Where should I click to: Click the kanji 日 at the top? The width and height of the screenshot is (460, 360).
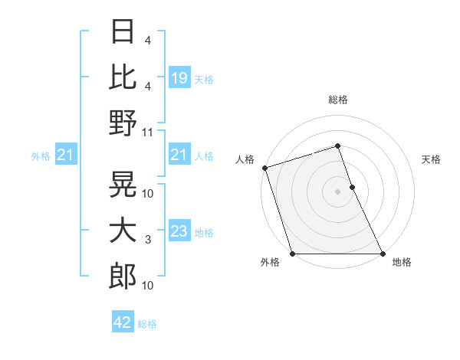(123, 31)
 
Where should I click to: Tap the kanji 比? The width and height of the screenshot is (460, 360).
(123, 77)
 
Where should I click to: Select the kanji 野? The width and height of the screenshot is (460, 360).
(123, 123)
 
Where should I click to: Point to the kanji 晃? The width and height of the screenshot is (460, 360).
(123, 185)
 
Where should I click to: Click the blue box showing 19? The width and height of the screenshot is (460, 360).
(179, 77)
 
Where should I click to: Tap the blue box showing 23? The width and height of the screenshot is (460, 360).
(179, 232)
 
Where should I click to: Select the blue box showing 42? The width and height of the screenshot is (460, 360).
(123, 322)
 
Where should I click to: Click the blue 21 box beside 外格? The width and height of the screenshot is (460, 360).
(66, 155)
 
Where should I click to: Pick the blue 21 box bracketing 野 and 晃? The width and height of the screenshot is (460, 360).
(179, 155)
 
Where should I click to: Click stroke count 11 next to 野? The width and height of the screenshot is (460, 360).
(148, 132)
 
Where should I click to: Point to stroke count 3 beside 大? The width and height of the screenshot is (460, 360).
(148, 240)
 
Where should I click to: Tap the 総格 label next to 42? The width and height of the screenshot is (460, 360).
(147, 324)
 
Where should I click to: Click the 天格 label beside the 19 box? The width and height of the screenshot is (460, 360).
(204, 79)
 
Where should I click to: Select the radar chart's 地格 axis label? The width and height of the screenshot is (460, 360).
(402, 262)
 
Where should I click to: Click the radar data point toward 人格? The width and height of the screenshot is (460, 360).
(264, 168)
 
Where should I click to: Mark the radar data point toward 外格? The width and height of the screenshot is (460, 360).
(293, 254)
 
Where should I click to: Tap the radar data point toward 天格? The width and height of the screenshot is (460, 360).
(352, 187)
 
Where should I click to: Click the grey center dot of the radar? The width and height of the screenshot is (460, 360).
(337, 191)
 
